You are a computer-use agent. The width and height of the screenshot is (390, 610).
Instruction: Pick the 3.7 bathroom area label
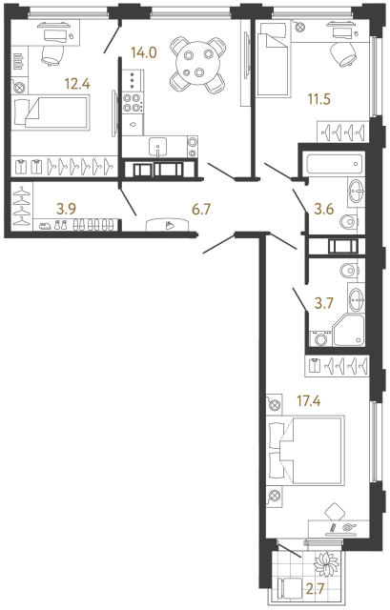(326, 304)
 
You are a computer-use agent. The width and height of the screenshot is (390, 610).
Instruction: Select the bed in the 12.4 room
(54, 115)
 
